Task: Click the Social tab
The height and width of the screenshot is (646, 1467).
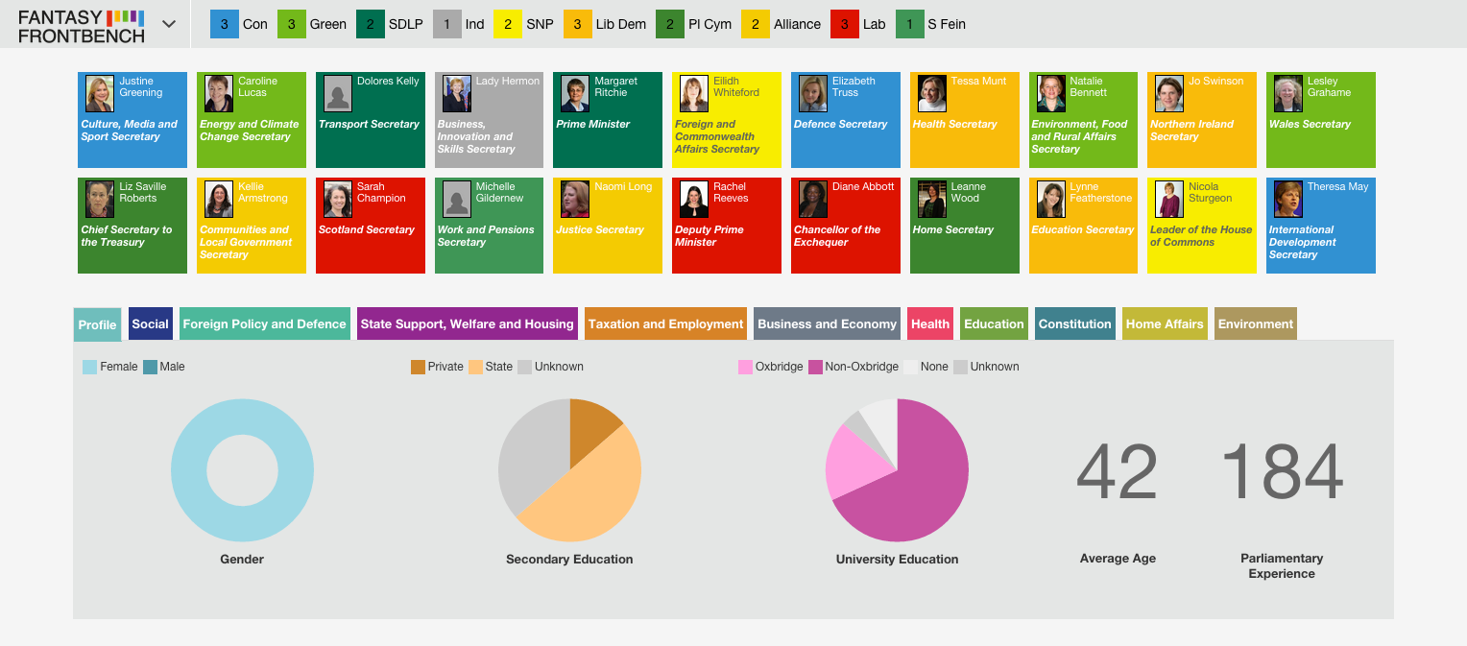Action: [151, 324]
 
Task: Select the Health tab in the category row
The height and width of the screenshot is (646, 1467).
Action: [930, 324]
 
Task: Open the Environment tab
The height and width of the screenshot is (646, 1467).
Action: [1256, 324]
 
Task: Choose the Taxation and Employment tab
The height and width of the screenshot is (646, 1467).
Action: [665, 324]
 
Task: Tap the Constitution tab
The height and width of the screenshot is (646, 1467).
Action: [1074, 324]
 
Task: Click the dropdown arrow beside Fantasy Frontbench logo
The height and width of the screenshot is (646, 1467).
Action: [169, 24]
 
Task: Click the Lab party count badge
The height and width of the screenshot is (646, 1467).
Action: [844, 24]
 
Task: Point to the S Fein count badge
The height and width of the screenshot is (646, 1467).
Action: [909, 24]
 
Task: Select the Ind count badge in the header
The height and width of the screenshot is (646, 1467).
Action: [446, 24]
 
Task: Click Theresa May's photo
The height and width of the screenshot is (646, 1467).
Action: [1288, 199]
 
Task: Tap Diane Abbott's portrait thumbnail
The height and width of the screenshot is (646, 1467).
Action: [813, 199]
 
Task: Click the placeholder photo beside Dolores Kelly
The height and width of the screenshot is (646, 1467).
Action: [338, 94]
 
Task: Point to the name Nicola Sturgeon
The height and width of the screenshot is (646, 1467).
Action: [1211, 192]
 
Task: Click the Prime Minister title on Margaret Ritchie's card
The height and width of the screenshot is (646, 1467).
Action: [592, 125]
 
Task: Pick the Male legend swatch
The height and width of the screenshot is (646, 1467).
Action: [150, 367]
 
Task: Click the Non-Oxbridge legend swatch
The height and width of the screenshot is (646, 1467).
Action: [815, 367]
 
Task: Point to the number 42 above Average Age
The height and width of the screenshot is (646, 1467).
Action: [1118, 471]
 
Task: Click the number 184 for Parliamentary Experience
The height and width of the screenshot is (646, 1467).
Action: [1283, 471]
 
